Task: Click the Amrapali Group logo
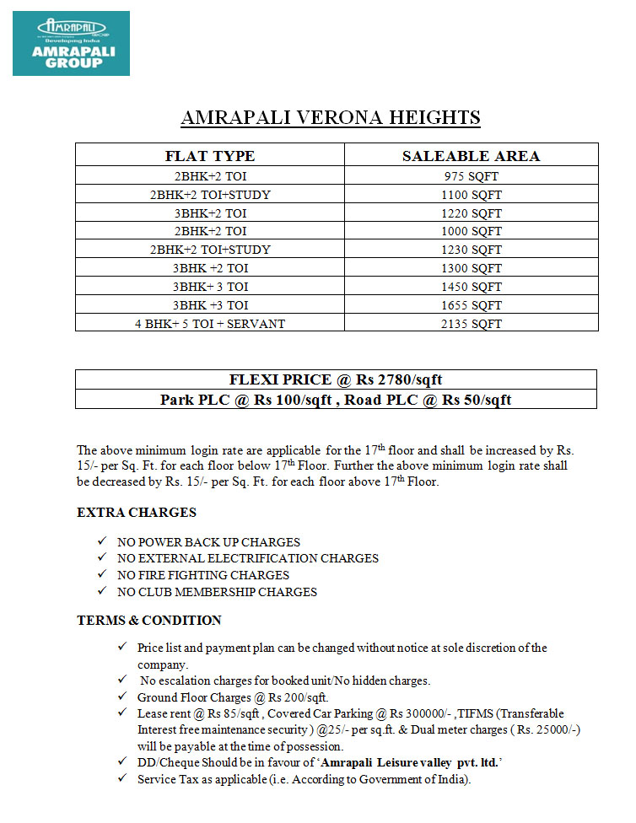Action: (x=71, y=43)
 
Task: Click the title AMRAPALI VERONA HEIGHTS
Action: (x=331, y=117)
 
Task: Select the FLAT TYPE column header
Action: (x=210, y=156)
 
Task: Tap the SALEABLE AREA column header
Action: (x=471, y=156)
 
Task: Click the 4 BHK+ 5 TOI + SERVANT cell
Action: (x=210, y=324)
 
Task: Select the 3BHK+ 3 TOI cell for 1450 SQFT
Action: (x=210, y=287)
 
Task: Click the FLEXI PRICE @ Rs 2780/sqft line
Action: (x=336, y=379)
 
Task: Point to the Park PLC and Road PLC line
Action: (x=336, y=400)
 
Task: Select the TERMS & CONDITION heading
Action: (x=149, y=621)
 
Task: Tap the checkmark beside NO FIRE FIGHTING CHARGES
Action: (x=102, y=575)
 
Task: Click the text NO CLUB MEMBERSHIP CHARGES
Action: (x=218, y=592)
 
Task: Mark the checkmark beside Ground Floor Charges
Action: (x=123, y=697)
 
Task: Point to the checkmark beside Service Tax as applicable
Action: (x=123, y=779)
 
